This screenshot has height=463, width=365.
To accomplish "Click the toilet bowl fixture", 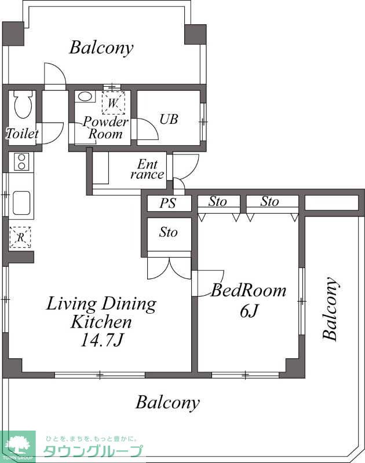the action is tap(23, 105).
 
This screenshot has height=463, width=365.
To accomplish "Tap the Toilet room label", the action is tap(22, 134).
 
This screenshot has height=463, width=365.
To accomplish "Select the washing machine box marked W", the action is tap(114, 103).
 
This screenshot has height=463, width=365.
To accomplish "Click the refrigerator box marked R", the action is tap(20, 237).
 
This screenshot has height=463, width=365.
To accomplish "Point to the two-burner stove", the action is tap(21, 162).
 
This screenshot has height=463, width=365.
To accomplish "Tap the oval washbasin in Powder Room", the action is tap(85, 97).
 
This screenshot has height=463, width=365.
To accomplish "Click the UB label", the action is tap(169, 119).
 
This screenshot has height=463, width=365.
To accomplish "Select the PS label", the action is tap(168, 203).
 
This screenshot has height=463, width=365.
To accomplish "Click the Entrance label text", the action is tap(148, 169).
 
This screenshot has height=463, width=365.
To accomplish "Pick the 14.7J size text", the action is tap(101, 341).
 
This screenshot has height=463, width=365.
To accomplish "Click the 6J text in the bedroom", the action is tap(249, 311).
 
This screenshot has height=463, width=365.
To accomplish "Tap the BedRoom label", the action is tap(249, 291).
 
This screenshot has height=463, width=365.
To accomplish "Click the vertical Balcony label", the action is tap(330, 308).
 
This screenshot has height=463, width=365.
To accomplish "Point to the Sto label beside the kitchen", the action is tap(168, 232).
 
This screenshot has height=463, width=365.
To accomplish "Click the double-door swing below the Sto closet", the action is tap(169, 268).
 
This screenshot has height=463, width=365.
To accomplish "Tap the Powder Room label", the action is tap(106, 128).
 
